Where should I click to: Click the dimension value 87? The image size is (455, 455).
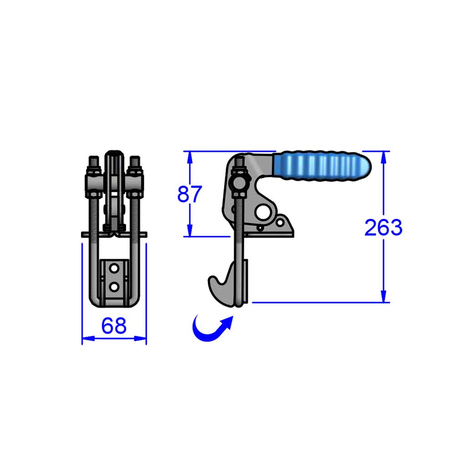coord(189,195)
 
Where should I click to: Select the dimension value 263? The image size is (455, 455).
coord(383,227)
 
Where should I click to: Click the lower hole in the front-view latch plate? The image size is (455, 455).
coord(114,286)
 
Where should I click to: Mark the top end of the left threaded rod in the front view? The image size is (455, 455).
coord(93,159)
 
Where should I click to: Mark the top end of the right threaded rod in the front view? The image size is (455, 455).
coord(134,159)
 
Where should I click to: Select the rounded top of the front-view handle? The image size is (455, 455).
coord(114,153)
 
